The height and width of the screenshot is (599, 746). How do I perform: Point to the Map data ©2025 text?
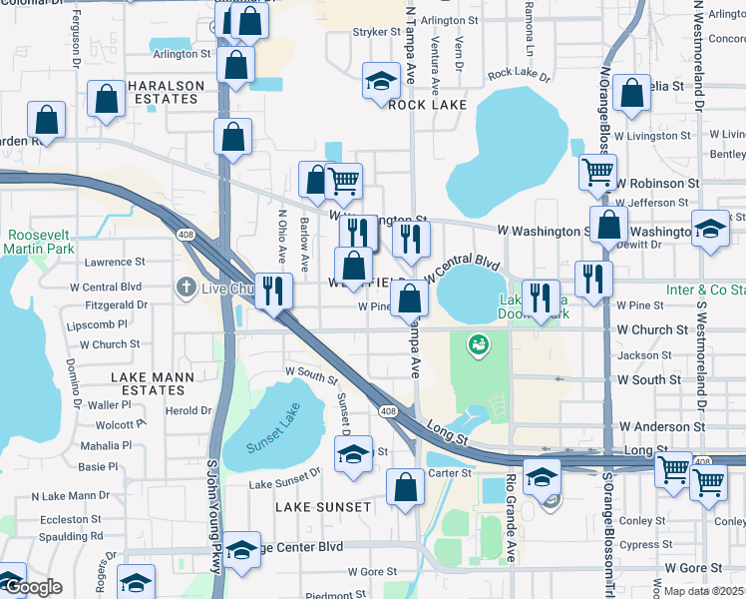[702, 591]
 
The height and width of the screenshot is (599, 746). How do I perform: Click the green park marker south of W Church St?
[479, 344]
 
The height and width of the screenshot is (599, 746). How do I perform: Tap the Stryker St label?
[376, 32]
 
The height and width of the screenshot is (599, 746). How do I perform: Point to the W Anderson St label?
[661, 426]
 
